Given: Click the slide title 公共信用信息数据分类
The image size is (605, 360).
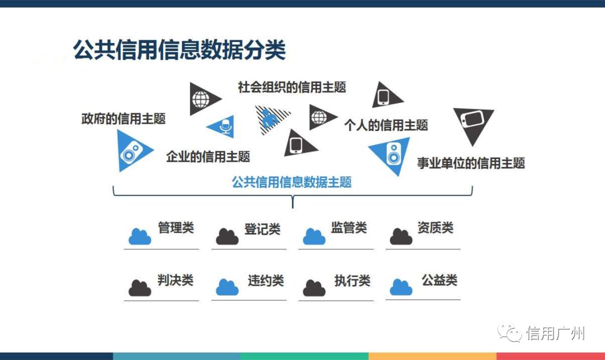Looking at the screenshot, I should pyautogui.click(x=179, y=50).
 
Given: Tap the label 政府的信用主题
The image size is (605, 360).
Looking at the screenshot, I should pyautogui.click(x=123, y=119).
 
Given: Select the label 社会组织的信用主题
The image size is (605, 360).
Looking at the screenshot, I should pyautogui.click(x=292, y=87).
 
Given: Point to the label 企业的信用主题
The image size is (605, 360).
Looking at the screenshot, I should pyautogui.click(x=208, y=156).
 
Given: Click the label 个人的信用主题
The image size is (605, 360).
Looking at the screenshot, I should pyautogui.click(x=386, y=125).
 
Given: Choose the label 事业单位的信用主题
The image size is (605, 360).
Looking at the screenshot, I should pyautogui.click(x=471, y=163).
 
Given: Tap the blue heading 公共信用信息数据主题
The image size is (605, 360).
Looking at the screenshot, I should pyautogui.click(x=292, y=182).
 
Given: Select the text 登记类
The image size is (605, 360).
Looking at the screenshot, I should pyautogui.click(x=262, y=230).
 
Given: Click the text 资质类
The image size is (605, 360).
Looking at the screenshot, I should pyautogui.click(x=435, y=228).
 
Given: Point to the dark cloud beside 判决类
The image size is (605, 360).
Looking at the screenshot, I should pyautogui.click(x=139, y=288).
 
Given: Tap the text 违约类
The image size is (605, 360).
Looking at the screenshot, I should pyautogui.click(x=266, y=280).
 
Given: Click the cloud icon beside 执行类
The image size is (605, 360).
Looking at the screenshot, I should pyautogui.click(x=314, y=288).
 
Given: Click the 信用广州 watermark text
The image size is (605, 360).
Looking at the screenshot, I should pyautogui.click(x=556, y=334).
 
